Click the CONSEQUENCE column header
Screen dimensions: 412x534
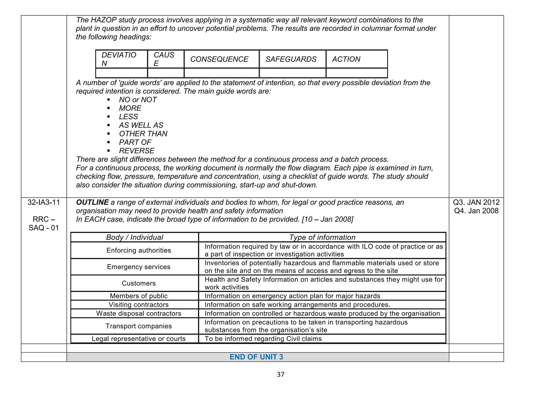[x=219, y=59]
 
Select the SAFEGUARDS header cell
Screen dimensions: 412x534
[x=291, y=59]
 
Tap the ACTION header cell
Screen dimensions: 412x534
[x=346, y=59]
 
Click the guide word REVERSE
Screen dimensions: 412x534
[x=137, y=151]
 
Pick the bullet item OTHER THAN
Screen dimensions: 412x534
[x=143, y=134]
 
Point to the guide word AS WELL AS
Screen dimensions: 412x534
[x=141, y=125]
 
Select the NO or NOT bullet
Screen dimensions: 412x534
[x=138, y=100]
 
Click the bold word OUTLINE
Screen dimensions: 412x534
[x=92, y=202]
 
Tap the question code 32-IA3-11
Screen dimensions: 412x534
[x=44, y=202]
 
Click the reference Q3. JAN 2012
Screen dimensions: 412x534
[x=476, y=202]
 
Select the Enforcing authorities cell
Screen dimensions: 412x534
[x=138, y=250]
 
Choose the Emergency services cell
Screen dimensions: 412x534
[x=138, y=267]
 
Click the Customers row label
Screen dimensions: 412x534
[x=138, y=283]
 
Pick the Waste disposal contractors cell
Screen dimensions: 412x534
[x=138, y=313]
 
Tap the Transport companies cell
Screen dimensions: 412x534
[x=138, y=326]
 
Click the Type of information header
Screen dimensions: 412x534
[x=322, y=237]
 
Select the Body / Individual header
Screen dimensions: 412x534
[x=135, y=237]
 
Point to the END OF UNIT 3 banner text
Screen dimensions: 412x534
[x=256, y=357]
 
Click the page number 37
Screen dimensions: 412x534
[x=281, y=374]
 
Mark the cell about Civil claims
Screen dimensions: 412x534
[x=263, y=339]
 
